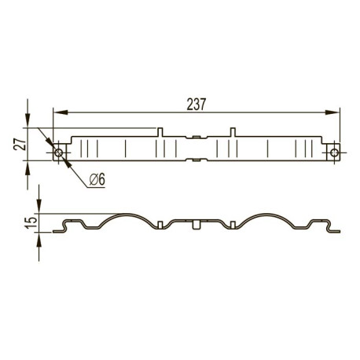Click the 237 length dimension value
coord(197,105)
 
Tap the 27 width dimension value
coord(20,144)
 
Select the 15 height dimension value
coord(31,222)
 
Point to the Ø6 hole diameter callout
coord(97,179)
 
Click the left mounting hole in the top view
coord(58,152)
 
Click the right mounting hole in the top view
coord(334,152)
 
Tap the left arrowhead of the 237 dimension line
coord(61,112)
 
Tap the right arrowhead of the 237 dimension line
coord(332,112)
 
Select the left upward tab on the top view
coord(160,132)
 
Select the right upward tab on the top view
coord(233,132)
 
